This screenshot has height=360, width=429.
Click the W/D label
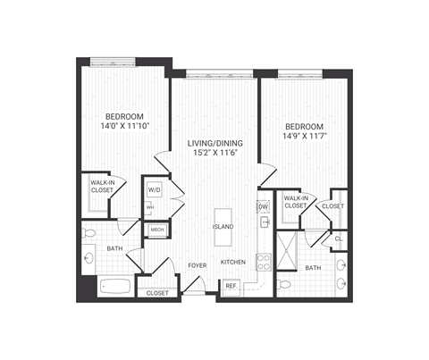(x=154, y=190)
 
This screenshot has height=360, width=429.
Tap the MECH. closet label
(x=157, y=230)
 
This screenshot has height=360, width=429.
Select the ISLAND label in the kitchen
(x=223, y=227)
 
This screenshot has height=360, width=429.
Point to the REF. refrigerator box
(x=231, y=286)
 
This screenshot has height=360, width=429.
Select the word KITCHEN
(x=233, y=262)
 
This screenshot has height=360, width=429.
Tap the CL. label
(x=340, y=239)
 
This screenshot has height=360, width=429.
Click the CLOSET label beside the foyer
(x=157, y=292)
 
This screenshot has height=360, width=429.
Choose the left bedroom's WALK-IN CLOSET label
(x=102, y=186)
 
